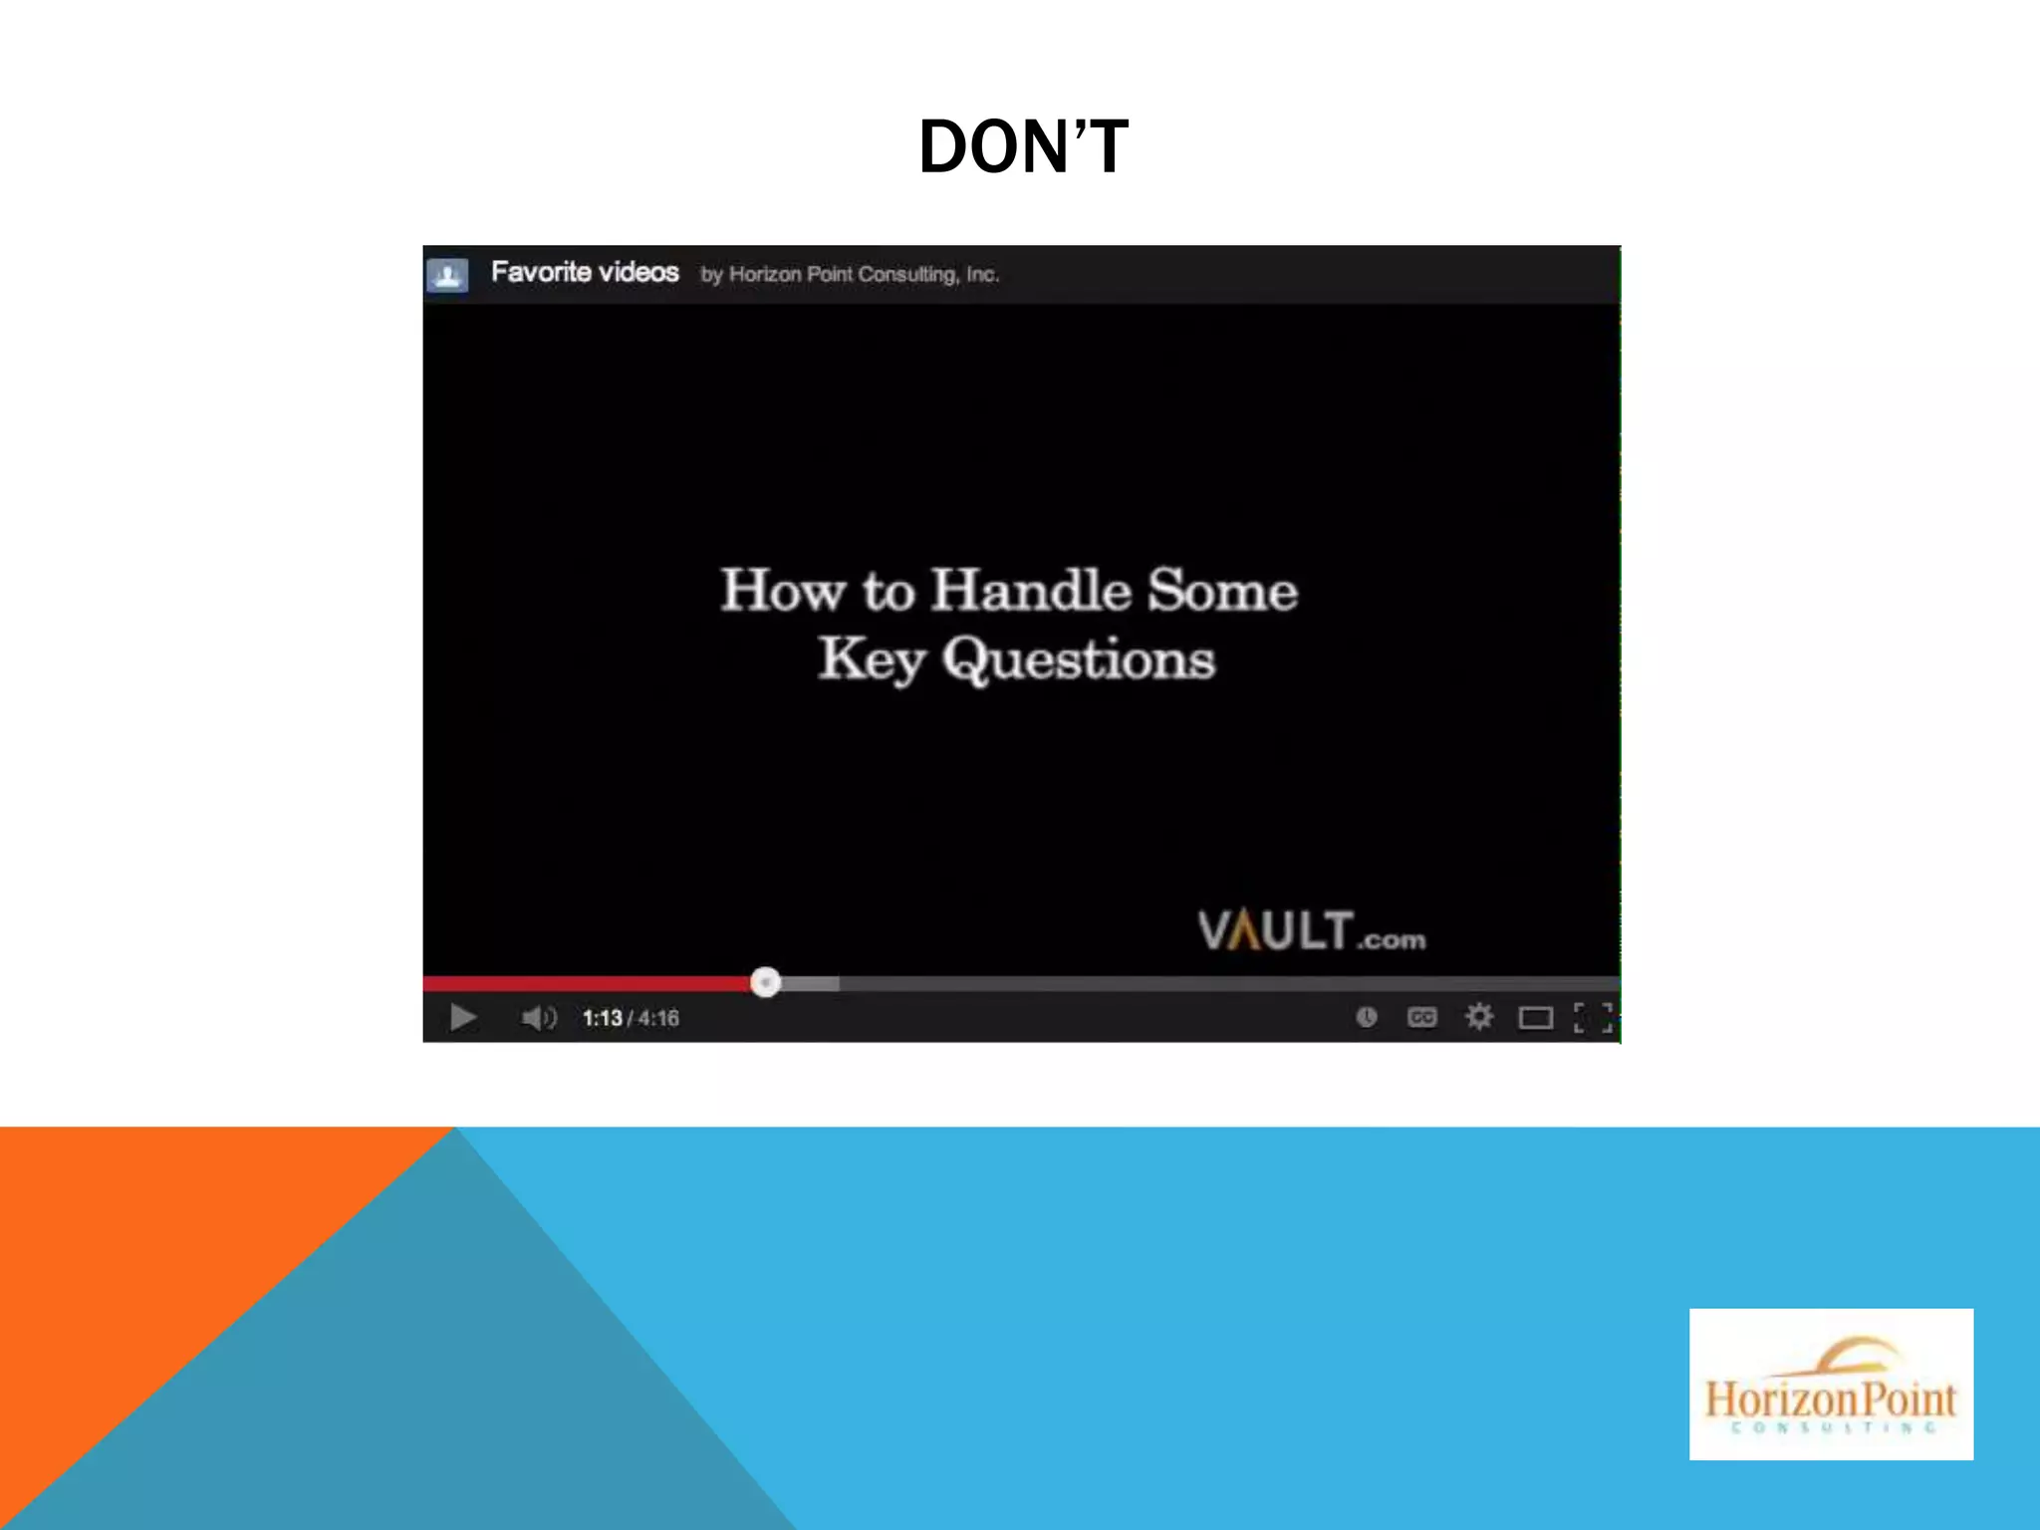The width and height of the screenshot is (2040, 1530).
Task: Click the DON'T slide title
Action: tap(1023, 147)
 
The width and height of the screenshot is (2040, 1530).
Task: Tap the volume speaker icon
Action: tap(538, 1017)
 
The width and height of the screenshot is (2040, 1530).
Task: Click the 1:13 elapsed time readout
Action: tap(603, 1018)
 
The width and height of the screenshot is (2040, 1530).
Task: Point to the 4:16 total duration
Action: tap(659, 1018)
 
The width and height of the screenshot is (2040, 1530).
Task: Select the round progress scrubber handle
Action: tap(765, 982)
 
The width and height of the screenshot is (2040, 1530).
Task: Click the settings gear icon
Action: tap(1479, 1017)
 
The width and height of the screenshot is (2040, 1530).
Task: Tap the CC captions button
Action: tap(1421, 1017)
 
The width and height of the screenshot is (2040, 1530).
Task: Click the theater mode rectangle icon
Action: tap(1535, 1017)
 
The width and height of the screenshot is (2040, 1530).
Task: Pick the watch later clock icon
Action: tap(1367, 1017)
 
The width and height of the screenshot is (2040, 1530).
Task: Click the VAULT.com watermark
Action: tap(1311, 931)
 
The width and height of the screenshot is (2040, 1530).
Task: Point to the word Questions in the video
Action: tap(1079, 659)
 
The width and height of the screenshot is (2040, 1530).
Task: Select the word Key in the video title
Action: tap(872, 659)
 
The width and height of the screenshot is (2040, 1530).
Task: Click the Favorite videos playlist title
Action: tap(585, 272)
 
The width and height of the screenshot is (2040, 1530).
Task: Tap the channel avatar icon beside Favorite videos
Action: tap(447, 274)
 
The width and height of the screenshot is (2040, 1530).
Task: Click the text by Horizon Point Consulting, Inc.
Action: tap(850, 274)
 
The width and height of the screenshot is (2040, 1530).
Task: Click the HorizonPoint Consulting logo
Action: tap(1831, 1384)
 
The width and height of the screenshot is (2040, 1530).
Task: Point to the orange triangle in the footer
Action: tap(149, 1245)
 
